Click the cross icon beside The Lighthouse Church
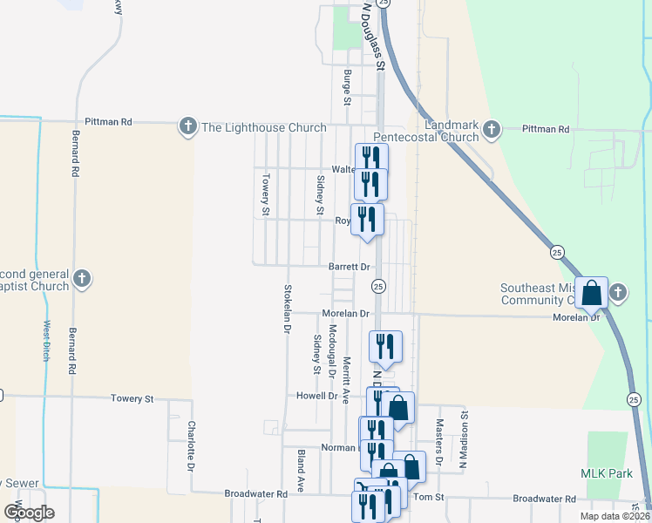tap(187, 127)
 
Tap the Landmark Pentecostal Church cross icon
tap(491, 131)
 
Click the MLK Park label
tap(600, 473)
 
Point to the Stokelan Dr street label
tap(286, 309)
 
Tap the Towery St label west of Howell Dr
tap(132, 398)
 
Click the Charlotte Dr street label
tap(191, 446)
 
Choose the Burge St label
tap(347, 88)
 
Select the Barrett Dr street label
tap(350, 267)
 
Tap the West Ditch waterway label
tap(45, 340)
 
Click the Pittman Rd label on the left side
tap(108, 122)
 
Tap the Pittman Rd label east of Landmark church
tap(546, 129)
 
